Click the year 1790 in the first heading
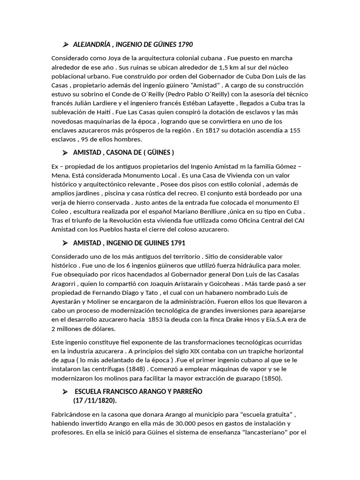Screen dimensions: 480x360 (186, 45)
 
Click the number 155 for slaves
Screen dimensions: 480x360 (293, 130)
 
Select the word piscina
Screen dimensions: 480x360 (150, 193)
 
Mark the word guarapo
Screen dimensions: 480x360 (248, 378)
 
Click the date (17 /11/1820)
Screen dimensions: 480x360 (95, 401)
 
